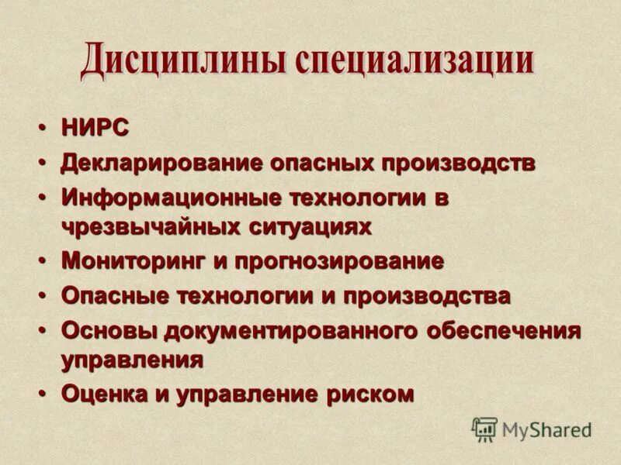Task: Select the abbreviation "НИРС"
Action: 95,129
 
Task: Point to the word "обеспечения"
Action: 504,331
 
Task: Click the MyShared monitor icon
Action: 484,429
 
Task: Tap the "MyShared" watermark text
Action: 546,429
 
